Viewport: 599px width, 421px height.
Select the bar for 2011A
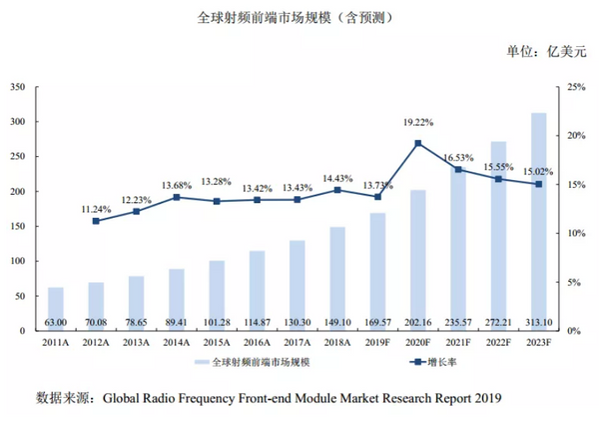[56, 309]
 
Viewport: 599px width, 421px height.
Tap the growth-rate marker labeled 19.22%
[417, 143]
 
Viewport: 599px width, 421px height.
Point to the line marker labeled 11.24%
[96, 221]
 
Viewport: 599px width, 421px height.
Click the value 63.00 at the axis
[55, 322]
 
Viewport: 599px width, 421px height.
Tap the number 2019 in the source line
[483, 398]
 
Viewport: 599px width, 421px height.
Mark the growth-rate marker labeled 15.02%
[539, 184]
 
